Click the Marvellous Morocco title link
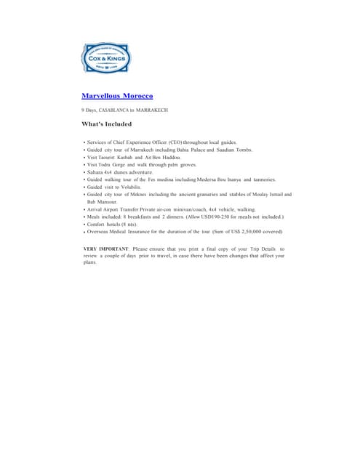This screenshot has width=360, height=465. [117, 95]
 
